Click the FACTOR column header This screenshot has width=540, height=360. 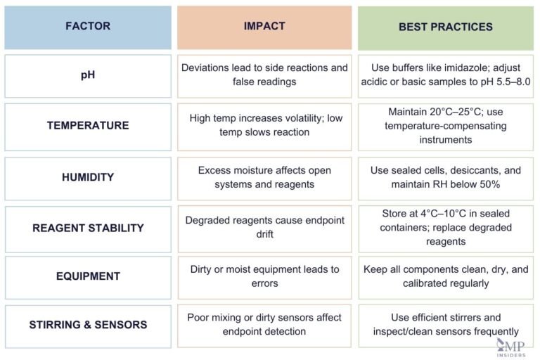click(88, 27)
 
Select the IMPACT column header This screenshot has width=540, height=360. click(264, 26)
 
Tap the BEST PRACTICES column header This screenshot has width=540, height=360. click(446, 27)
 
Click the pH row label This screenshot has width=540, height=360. click(88, 75)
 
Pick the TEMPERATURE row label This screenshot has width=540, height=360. click(88, 126)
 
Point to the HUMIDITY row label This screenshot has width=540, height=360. click(88, 178)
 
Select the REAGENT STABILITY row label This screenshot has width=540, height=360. click(88, 228)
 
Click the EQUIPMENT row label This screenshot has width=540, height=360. click(88, 276)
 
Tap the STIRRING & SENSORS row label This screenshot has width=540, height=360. click(88, 325)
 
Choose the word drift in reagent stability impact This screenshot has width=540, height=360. click(264, 235)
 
